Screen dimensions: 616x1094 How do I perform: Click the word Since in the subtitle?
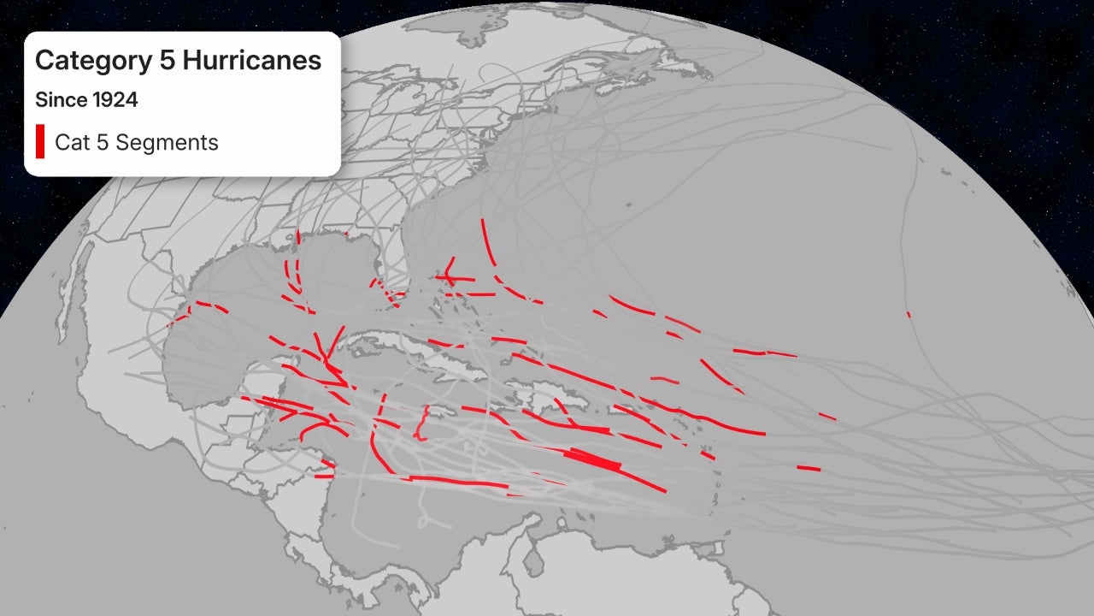click(61, 100)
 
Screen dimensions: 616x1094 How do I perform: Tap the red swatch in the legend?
click(40, 142)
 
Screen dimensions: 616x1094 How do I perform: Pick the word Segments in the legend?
click(167, 143)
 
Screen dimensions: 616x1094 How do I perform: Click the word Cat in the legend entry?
click(70, 143)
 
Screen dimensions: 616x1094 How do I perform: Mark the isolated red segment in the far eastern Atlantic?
click(909, 314)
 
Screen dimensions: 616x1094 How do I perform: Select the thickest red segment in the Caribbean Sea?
click(594, 459)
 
